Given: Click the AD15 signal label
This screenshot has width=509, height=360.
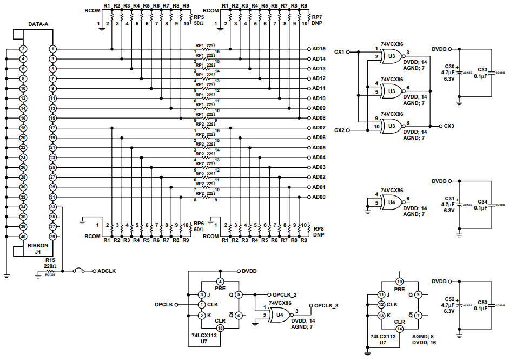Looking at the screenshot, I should coord(319,49).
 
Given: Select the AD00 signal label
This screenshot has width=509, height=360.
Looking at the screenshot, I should coord(319,197).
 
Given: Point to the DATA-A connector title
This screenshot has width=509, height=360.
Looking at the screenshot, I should coord(38,24).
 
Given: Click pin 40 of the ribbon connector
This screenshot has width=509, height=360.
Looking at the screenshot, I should coord(23,237).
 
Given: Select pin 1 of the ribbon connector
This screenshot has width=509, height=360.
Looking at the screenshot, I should coord(53,49).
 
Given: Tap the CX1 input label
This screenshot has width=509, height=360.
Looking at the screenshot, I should coord(339,52).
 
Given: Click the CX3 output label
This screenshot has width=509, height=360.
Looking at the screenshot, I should coord(448,126).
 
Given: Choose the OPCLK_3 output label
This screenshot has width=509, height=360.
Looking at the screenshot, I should coord(326,306).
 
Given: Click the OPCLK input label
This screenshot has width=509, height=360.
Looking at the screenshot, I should coord(163,304).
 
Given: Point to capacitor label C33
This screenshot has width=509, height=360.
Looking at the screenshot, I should coord(482,70).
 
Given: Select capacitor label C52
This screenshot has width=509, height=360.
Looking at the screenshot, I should coord(449,299).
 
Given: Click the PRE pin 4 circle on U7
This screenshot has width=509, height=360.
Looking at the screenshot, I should coord(220,282).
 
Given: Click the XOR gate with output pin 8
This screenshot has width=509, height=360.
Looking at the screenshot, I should coord(392,127).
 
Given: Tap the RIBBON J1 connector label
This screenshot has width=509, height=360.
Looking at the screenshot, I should coord(38,248).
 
